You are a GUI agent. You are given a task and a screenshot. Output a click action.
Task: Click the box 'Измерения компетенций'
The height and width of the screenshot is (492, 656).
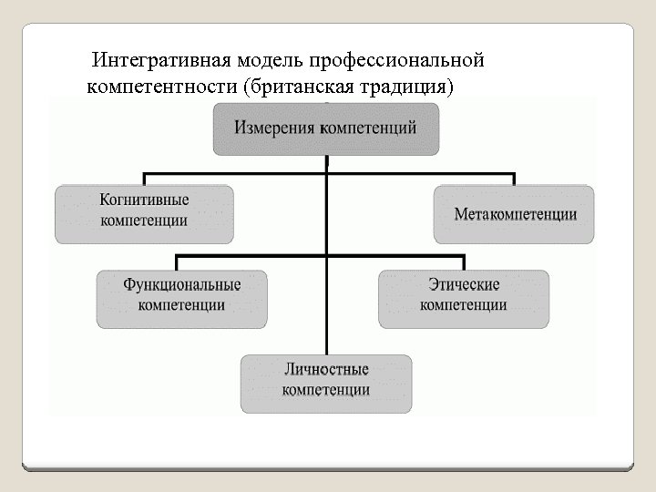[326, 128]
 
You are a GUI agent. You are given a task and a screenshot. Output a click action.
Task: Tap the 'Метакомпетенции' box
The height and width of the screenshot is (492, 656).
[515, 214]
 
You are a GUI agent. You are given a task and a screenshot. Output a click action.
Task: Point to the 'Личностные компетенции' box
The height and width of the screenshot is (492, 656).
[326, 382]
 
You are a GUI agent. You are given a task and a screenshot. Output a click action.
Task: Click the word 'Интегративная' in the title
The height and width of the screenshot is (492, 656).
[162, 62]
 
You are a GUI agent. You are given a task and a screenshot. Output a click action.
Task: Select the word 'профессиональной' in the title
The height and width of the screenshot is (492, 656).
[395, 62]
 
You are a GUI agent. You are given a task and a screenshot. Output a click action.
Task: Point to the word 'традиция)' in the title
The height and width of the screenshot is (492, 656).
[406, 87]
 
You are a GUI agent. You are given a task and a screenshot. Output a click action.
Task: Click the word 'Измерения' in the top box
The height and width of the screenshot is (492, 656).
[275, 128]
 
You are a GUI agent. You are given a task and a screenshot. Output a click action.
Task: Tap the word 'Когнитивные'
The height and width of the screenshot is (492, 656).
[144, 200]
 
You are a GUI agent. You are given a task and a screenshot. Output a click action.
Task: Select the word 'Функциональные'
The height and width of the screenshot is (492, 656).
[182, 284]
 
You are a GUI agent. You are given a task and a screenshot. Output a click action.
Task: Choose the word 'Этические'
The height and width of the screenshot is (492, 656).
[464, 284]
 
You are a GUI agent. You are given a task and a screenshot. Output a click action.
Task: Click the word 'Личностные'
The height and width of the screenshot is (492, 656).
[326, 369]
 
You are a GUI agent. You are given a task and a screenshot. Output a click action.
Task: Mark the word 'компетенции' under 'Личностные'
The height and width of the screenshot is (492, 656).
[326, 390]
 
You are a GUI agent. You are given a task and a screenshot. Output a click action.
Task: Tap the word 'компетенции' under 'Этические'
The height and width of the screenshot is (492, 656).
[464, 305]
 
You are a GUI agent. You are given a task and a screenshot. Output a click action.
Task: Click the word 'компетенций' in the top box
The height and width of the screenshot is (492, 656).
[368, 128]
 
